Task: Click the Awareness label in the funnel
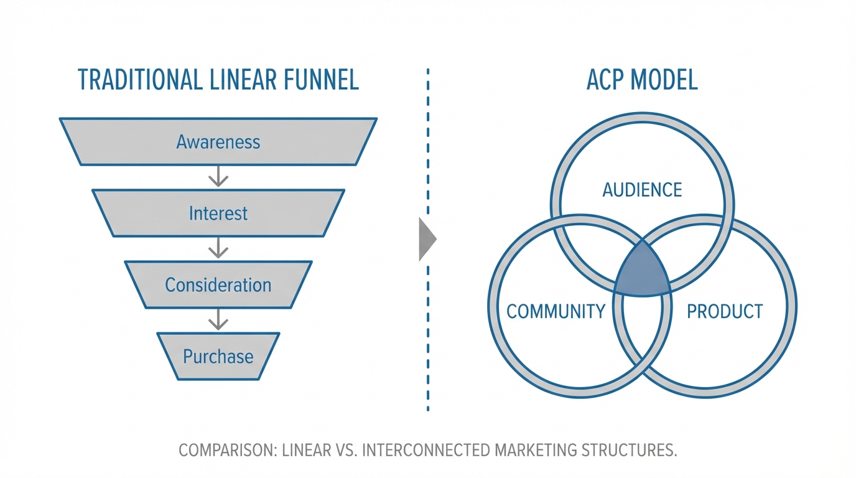[218, 142]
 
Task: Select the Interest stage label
[218, 213]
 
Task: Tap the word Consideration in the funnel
[218, 285]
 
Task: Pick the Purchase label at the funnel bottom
[218, 357]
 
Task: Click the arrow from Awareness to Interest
[218, 177]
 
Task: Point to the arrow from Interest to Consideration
[218, 249]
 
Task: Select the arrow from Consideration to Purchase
[218, 321]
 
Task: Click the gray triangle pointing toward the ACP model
[427, 239]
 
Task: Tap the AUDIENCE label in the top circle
[642, 189]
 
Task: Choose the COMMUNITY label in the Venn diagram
[556, 311]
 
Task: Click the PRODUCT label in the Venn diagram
[725, 311]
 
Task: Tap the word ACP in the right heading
[607, 81]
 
